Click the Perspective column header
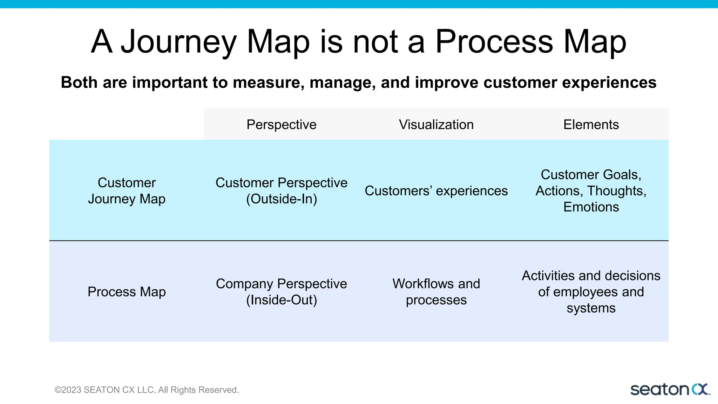coord(281,124)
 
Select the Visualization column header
coord(436,124)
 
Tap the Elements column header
coord(591,124)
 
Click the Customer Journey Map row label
coord(127,190)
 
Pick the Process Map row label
coord(127,291)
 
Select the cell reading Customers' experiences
coord(436,191)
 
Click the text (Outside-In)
coord(282,199)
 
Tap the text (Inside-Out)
coord(282,300)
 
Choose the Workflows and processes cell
coord(436,291)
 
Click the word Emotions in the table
coord(591,207)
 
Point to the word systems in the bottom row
coord(591,308)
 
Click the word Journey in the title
coord(179,42)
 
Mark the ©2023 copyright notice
coord(147,390)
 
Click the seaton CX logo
coord(670,390)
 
